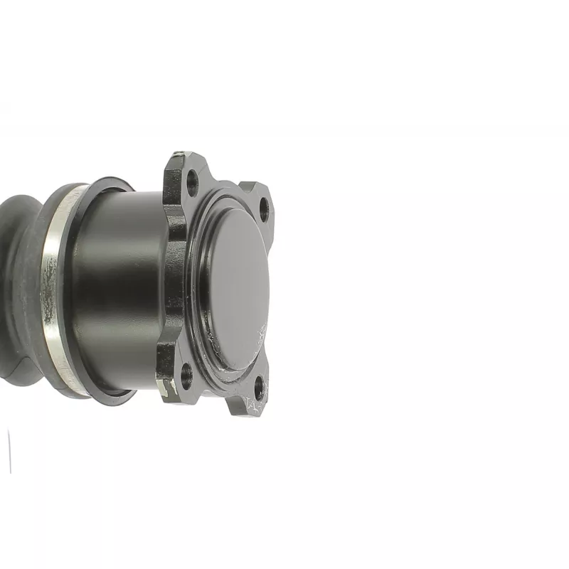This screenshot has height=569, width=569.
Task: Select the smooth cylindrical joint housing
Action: coord(121,284)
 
